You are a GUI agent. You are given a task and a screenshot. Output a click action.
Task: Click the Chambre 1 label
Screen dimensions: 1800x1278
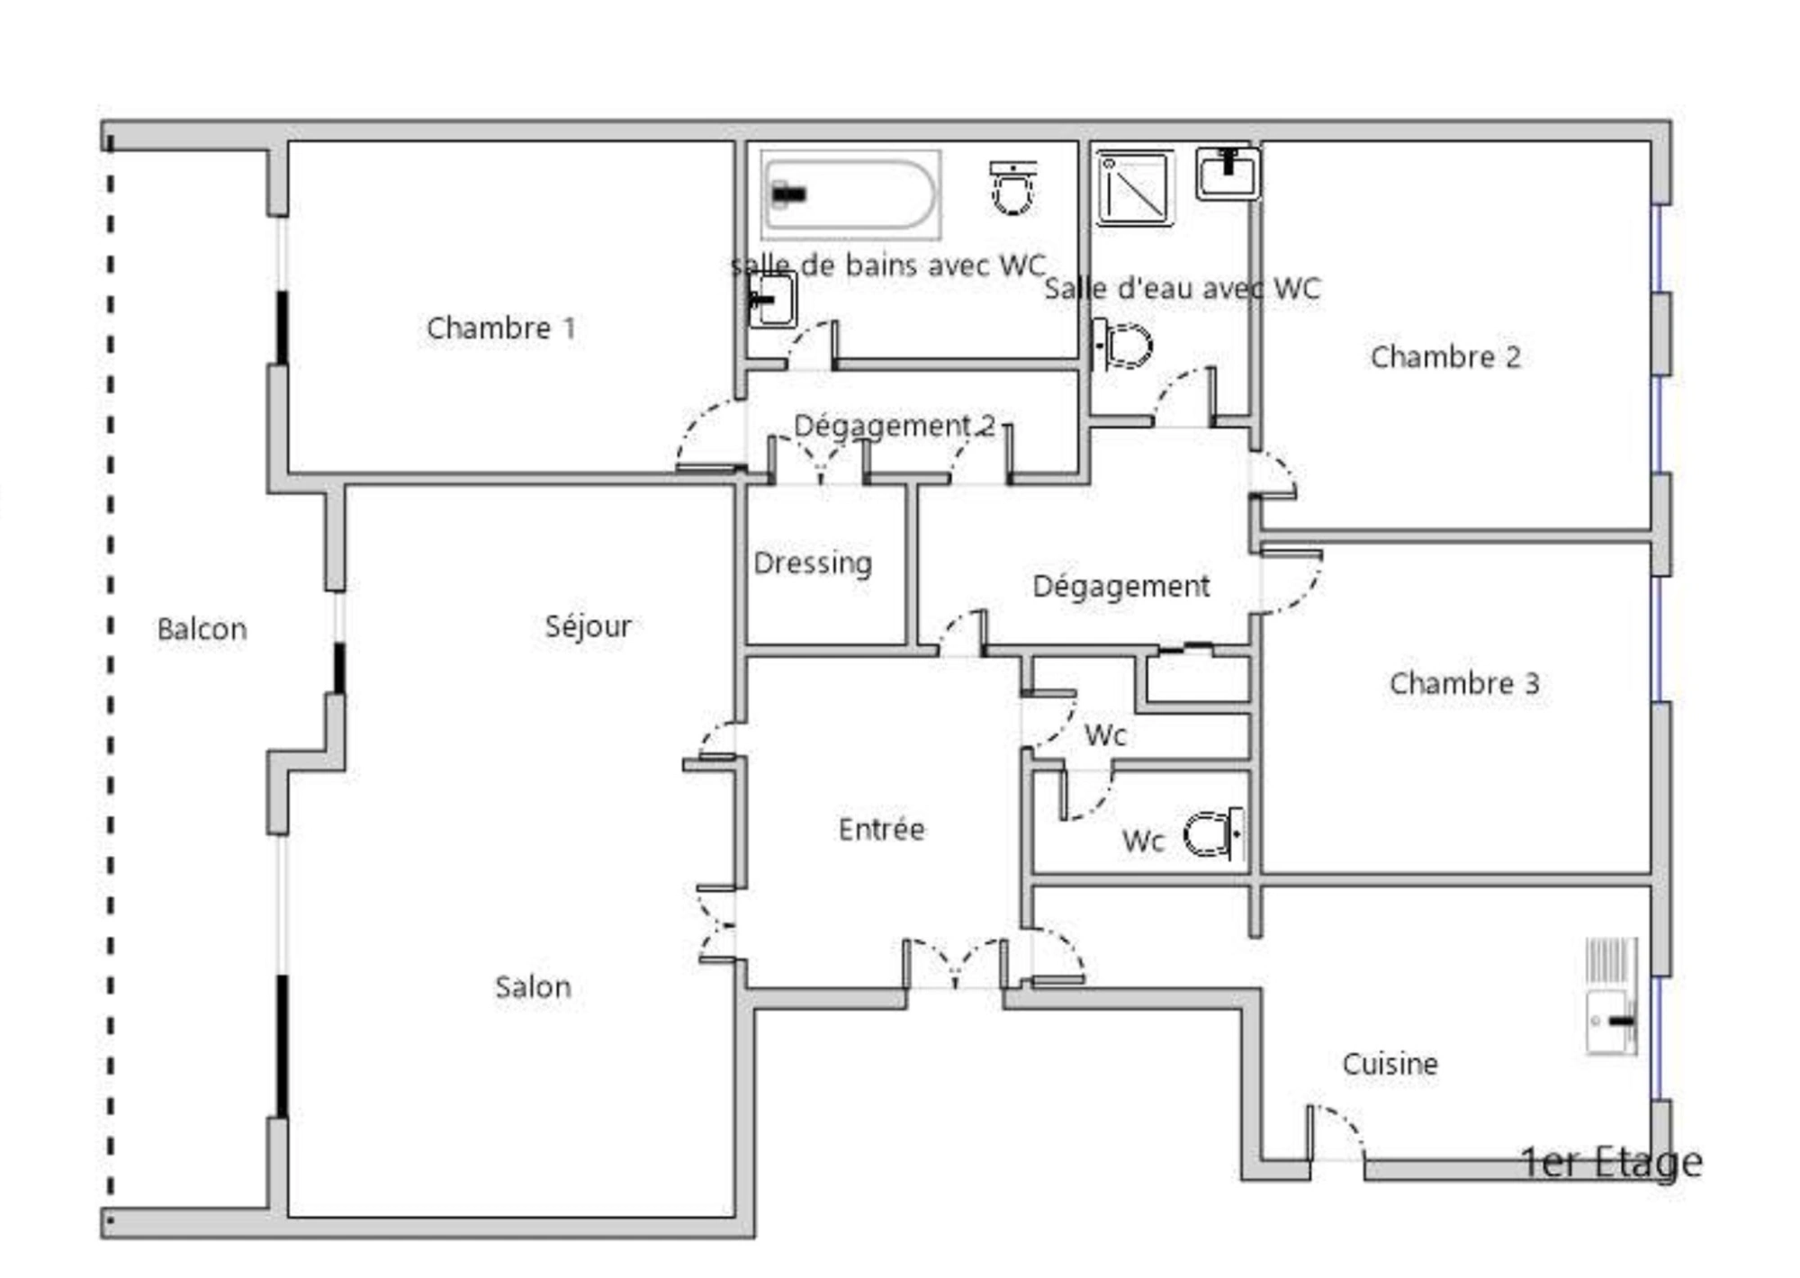click(x=500, y=328)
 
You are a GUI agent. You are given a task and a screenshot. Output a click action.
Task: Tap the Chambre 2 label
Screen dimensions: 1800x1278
click(x=1445, y=357)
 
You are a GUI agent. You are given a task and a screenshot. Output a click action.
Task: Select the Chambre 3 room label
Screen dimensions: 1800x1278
click(x=1464, y=684)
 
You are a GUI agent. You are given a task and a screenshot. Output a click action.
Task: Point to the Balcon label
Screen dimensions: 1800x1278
click(x=202, y=629)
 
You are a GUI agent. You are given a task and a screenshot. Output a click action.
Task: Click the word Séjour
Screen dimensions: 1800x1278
click(x=588, y=626)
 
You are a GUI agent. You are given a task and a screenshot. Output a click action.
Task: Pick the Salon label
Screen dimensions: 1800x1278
click(x=533, y=987)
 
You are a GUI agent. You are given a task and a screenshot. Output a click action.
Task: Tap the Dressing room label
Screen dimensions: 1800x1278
click(x=813, y=563)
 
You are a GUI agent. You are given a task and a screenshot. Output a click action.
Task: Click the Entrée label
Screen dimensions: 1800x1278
click(x=881, y=829)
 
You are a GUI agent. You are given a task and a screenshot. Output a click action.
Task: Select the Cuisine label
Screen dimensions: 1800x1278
click(x=1390, y=1064)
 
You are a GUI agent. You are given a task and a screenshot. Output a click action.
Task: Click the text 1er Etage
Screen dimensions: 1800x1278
click(x=1611, y=1163)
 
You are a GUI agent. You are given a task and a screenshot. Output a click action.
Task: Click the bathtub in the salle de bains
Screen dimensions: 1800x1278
click(x=850, y=194)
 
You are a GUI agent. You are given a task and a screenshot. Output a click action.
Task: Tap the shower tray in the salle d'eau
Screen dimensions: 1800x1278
click(x=1135, y=188)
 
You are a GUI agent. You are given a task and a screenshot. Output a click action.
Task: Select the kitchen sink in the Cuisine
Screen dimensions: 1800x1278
click(x=1611, y=996)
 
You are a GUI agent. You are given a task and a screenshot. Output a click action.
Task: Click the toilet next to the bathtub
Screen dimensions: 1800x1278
click(x=1013, y=187)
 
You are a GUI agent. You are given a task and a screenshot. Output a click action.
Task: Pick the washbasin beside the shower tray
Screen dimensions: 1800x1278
click(x=1228, y=174)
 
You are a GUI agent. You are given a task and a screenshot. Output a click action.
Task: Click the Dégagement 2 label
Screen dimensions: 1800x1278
click(x=895, y=426)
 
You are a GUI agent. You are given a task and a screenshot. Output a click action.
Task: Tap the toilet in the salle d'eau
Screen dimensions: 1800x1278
click(x=1122, y=345)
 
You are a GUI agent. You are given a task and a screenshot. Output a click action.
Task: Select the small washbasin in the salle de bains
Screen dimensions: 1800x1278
click(x=772, y=300)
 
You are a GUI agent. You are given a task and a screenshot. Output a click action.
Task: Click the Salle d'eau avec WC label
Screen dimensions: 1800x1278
click(x=1182, y=289)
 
